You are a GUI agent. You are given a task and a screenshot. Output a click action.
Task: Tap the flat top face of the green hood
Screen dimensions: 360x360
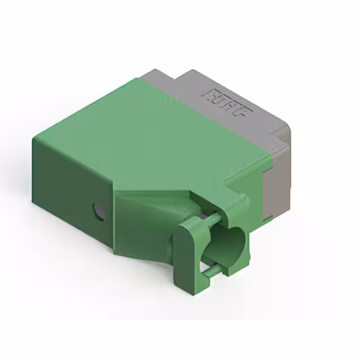(x=152, y=141)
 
